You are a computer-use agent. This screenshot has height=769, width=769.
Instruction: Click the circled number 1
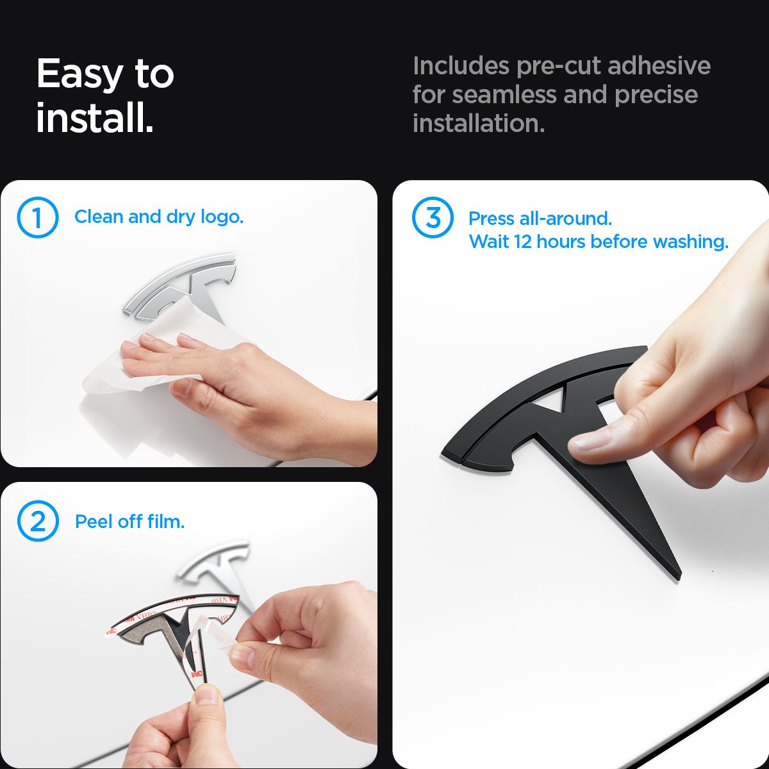38,217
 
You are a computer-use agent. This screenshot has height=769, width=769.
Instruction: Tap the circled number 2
38,521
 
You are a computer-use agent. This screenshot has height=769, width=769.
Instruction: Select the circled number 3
433,217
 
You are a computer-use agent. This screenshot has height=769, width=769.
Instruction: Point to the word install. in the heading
95,117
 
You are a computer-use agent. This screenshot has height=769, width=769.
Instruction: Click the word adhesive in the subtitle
659,65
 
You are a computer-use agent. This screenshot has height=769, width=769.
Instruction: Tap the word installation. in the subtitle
479,123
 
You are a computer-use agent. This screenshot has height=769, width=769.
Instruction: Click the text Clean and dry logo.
159,217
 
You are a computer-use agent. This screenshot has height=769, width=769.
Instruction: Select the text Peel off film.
129,522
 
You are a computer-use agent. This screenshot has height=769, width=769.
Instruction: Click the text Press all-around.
540,219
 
